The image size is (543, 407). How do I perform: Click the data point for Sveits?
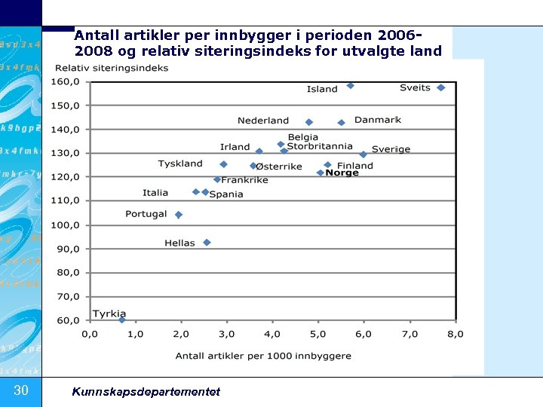point(441,87)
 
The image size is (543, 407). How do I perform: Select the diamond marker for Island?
point(351,86)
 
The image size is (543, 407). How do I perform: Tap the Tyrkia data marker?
point(122,320)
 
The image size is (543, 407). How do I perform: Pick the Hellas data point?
point(207,243)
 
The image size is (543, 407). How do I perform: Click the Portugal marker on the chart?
point(179,215)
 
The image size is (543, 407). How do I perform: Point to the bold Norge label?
point(342,173)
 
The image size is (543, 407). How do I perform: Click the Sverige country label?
point(391,149)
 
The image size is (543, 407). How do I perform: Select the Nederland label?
point(263,121)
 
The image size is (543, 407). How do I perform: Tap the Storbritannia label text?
point(320,146)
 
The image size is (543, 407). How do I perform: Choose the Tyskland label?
point(180,164)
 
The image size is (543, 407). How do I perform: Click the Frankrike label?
point(244,180)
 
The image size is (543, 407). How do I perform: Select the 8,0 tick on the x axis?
point(456,334)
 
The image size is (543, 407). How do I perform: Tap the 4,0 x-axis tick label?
point(273,334)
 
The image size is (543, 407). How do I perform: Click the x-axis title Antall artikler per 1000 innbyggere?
point(263,356)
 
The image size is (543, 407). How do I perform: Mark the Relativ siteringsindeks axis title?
point(111,69)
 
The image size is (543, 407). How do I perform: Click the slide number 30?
point(21,390)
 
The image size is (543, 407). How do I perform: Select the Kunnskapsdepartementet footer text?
point(146,391)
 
